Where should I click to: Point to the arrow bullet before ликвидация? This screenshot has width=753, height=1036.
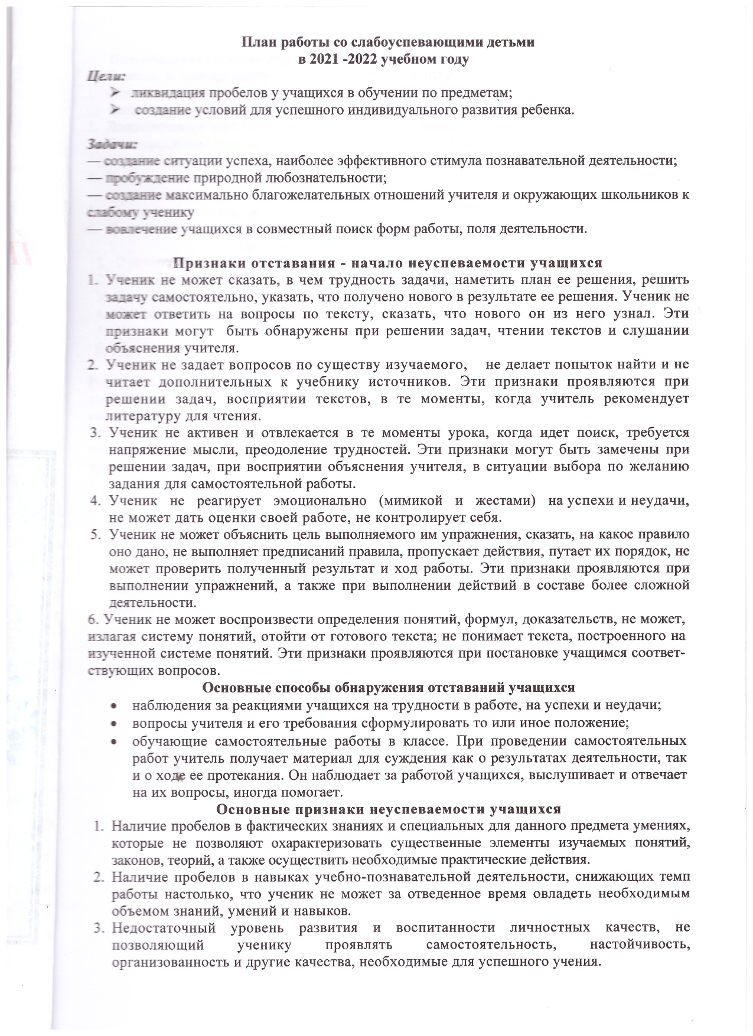tap(115, 93)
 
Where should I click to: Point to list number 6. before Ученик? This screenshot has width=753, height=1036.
tap(93, 620)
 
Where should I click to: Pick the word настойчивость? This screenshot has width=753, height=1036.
tap(640, 945)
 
